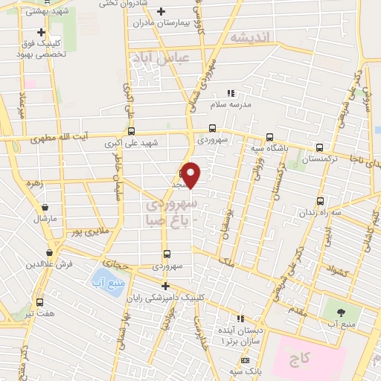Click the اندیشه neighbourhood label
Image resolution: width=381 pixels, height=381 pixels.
pos(248,38)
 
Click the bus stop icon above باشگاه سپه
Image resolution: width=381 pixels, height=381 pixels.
pos(269,137)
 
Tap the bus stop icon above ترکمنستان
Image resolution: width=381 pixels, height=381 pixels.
pos(319,147)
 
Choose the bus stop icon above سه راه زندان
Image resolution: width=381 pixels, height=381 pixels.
pos(320,200)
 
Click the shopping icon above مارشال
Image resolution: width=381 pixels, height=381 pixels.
pos(47,208)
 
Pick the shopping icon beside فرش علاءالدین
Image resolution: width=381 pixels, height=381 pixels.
pos(49,253)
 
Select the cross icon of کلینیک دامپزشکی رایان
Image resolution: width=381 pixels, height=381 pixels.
pos(165,286)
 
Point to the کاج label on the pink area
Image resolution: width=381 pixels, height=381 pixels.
pos(300,359)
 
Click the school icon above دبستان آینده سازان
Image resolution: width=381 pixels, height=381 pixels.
pos(240,318)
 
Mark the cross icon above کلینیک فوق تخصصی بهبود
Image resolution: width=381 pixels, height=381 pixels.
pos(41,32)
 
